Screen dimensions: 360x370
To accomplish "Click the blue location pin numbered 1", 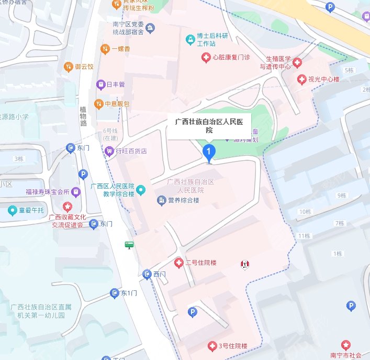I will click(x=209, y=153).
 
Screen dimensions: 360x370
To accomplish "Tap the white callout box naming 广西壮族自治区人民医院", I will click(x=209, y=126).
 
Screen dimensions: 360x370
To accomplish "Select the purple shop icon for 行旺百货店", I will click(x=109, y=151).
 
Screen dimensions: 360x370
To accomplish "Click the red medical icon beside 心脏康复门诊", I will click(x=206, y=57).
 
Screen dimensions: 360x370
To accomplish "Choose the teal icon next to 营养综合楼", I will click(x=161, y=200).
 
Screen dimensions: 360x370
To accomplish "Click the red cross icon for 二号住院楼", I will click(x=179, y=263).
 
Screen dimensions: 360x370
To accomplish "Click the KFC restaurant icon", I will click(x=244, y=265).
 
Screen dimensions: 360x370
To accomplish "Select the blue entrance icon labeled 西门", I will click(x=147, y=274).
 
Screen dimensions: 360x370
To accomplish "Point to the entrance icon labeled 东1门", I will click(x=115, y=293).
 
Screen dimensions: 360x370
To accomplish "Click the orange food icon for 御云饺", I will click(x=68, y=67).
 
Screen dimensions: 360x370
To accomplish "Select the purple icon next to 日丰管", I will click(x=99, y=84).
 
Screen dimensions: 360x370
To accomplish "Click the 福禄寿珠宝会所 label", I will click(x=47, y=191).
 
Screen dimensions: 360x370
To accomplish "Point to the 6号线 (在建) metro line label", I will click(x=110, y=134).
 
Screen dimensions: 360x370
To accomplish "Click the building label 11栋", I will click(x=304, y=236).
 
